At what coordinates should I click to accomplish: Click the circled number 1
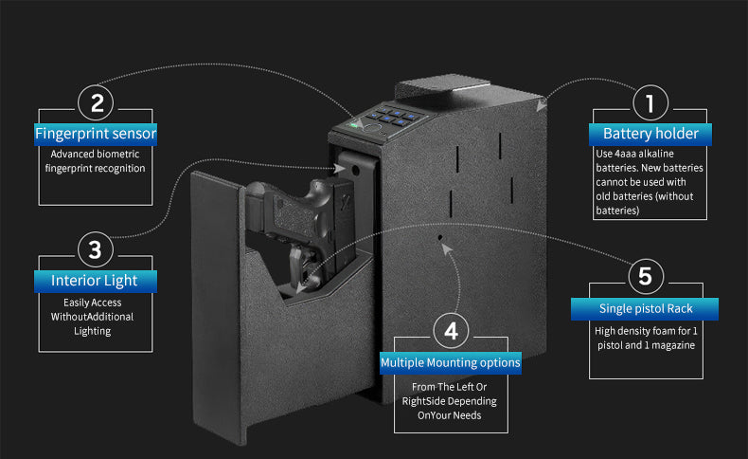pos(650,101)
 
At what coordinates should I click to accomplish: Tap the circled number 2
pos(96,101)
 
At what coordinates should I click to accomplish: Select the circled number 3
pos(95,250)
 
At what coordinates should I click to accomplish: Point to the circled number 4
pos(451,331)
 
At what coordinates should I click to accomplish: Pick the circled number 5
pos(645,277)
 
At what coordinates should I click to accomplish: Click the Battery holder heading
pos(650,134)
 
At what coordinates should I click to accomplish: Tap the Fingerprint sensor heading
pos(96,134)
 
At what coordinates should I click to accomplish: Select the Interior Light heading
pos(95,281)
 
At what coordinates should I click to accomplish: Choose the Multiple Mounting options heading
pos(451,362)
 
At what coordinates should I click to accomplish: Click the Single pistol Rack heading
pos(645,309)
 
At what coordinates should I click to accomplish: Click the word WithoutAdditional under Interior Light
pos(93,317)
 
